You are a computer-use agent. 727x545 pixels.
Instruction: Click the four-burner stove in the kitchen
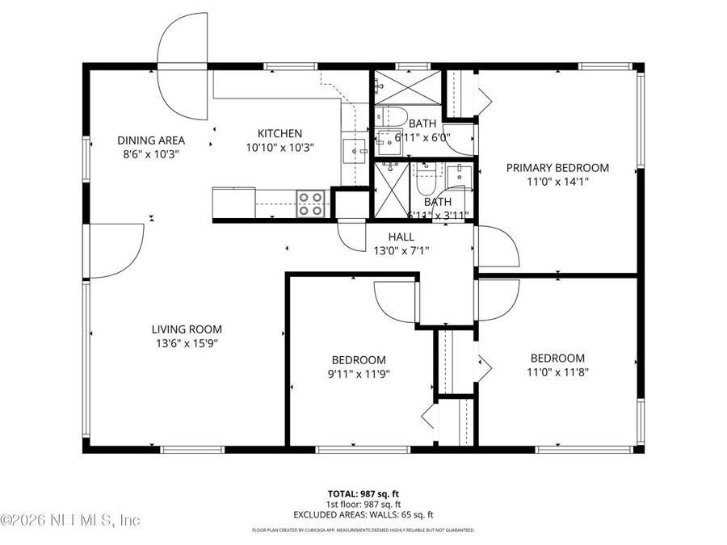[311, 203]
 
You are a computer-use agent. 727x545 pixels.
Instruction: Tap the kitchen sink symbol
[355, 150]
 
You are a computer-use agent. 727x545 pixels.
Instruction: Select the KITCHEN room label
[279, 133]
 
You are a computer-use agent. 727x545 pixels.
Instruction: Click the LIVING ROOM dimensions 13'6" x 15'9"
[187, 343]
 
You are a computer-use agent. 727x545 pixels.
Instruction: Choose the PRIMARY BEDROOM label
[557, 168]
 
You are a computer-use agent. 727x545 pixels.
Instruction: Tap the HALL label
[401, 237]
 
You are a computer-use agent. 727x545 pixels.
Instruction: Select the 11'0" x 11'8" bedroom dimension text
[557, 372]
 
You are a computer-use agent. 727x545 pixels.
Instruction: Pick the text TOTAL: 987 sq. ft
[363, 493]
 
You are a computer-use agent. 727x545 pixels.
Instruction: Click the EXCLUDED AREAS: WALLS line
[363, 514]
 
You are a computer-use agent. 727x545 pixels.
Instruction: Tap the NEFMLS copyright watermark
[71, 520]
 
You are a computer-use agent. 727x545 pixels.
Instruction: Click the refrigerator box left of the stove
[233, 203]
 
